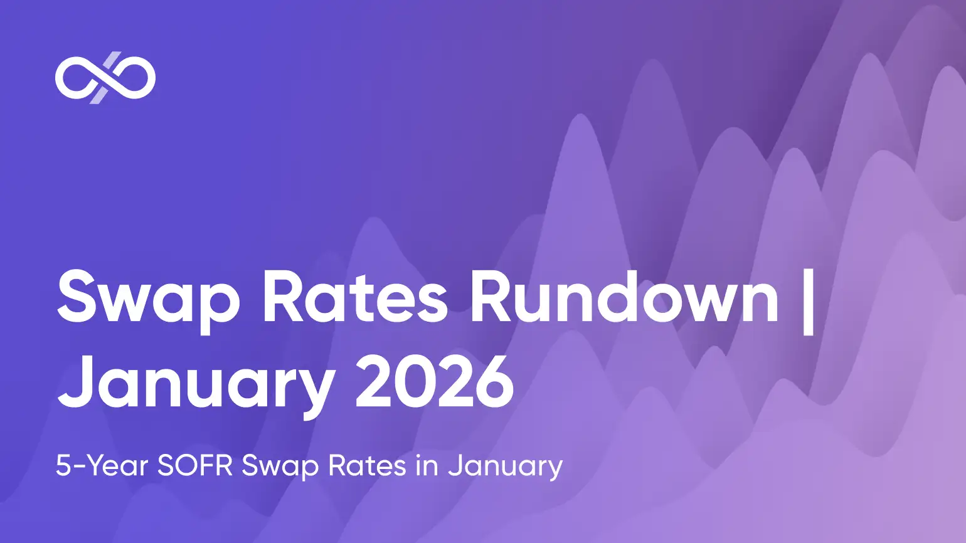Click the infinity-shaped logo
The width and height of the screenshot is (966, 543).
[105, 78]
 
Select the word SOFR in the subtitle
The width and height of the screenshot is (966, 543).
[195, 465]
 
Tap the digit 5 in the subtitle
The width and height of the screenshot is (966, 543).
[62, 465]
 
